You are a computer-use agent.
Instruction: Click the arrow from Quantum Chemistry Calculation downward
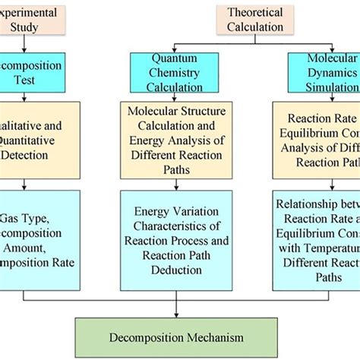(175, 96)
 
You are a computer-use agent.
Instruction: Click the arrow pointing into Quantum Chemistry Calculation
(175, 47)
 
